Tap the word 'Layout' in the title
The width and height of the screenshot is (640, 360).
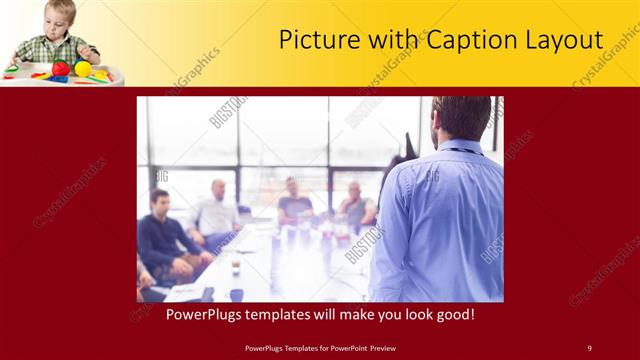tap(564, 40)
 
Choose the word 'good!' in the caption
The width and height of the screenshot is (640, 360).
tap(452, 314)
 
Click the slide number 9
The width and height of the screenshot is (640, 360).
tap(589, 347)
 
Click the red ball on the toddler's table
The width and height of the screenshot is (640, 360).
tap(61, 69)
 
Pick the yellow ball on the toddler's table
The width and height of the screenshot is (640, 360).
tap(84, 68)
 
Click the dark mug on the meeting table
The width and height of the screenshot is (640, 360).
tap(235, 294)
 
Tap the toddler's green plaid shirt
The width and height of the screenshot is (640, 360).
tap(60, 49)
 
